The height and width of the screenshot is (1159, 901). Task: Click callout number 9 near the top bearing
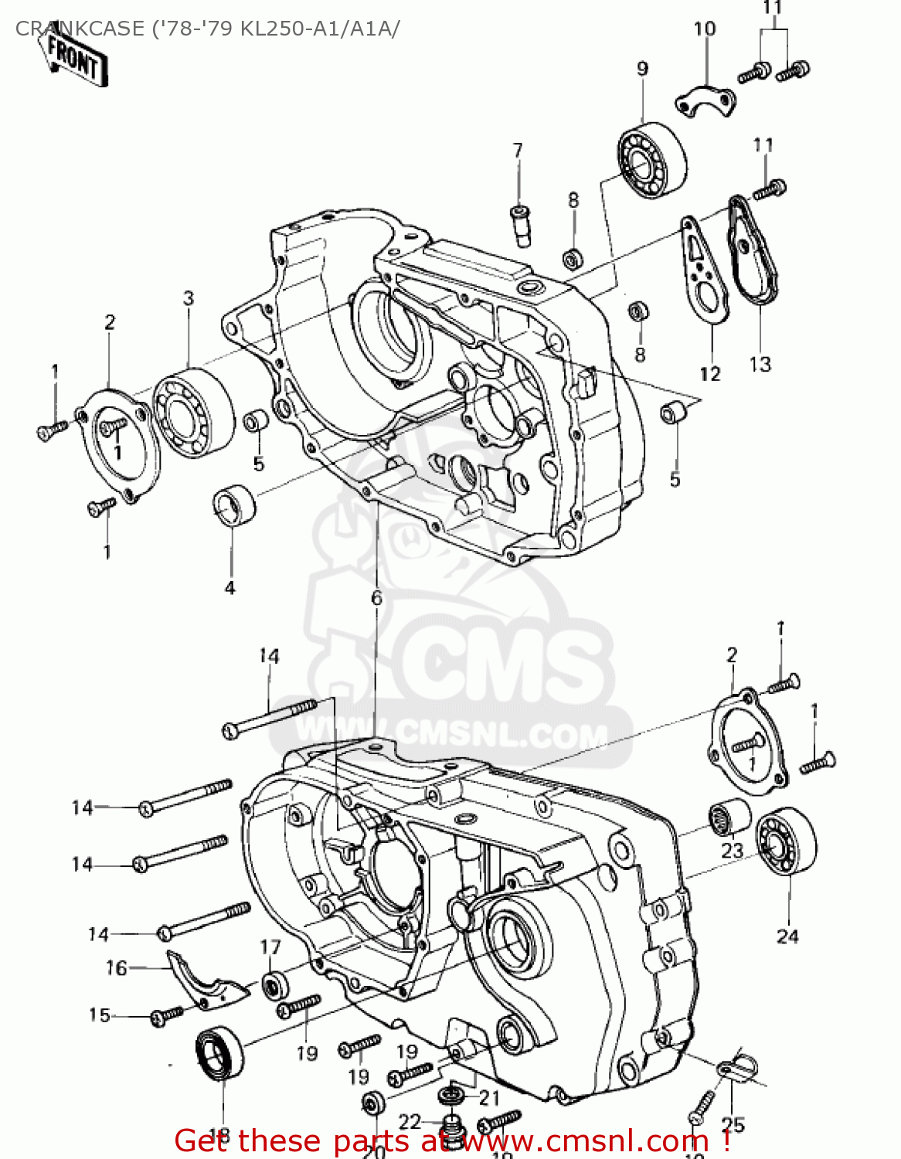[643, 69]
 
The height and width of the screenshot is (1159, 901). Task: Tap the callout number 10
[704, 29]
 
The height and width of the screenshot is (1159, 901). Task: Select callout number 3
[189, 297]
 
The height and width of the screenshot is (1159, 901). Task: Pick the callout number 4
[229, 587]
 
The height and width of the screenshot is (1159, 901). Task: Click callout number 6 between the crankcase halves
[376, 597]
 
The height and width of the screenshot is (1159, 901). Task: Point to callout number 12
[709, 374]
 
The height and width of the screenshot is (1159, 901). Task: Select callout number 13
[760, 364]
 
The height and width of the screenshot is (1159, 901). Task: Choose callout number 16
[116, 967]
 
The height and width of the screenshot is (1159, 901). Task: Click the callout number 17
[270, 947]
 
